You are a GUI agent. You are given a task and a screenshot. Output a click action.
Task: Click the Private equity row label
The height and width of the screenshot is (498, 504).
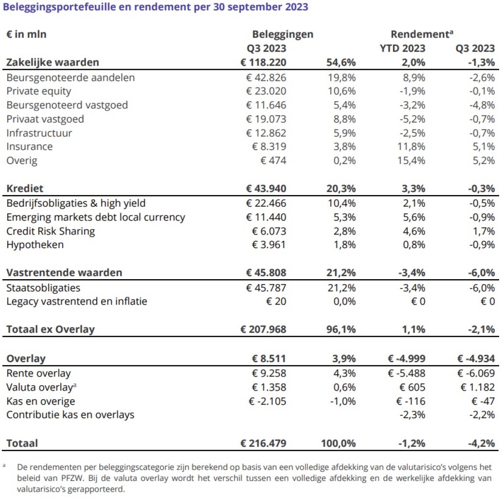39,91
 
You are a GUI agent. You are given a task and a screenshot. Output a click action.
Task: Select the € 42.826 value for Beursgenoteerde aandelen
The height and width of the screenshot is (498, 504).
266,78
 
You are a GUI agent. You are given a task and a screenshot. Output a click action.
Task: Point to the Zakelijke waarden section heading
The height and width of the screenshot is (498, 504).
53,62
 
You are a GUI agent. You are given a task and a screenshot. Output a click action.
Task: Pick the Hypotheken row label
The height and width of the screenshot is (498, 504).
35,245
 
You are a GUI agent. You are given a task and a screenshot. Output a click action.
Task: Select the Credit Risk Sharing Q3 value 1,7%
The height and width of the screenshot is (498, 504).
484,231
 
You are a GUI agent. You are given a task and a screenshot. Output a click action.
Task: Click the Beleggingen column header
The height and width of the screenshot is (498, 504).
283,35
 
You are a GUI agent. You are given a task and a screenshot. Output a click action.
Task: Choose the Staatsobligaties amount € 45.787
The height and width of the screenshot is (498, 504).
266,288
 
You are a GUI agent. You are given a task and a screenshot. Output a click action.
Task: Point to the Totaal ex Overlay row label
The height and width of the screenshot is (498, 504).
51,329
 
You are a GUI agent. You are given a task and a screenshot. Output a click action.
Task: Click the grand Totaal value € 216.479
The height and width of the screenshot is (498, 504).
263,444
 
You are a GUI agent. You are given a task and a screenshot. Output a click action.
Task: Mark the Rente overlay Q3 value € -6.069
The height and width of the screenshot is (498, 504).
476,374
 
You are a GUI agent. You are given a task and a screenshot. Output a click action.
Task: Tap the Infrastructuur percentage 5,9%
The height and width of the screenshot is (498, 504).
343,133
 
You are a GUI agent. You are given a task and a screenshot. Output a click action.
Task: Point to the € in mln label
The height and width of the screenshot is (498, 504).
26,35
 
